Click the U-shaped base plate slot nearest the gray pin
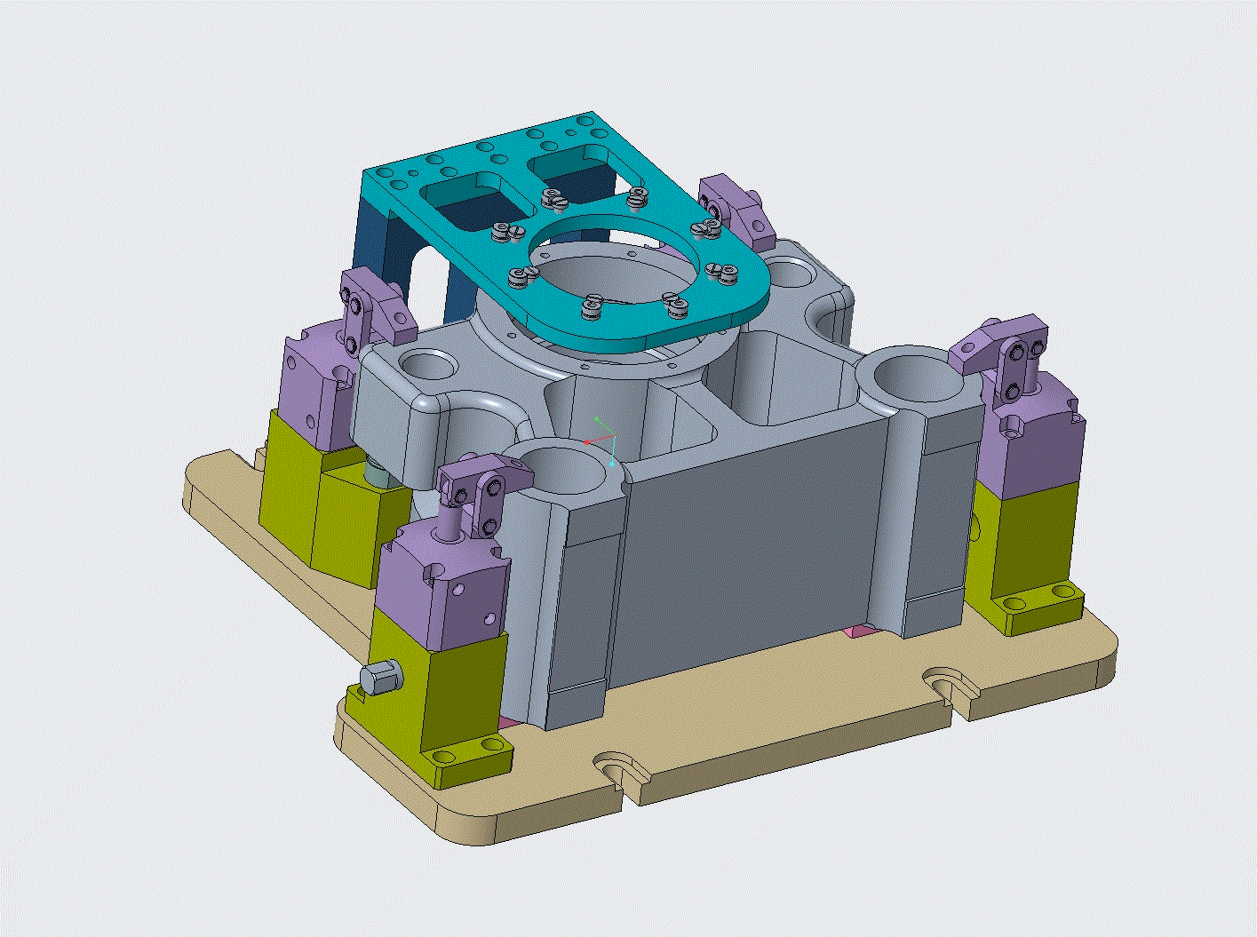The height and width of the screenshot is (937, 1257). [617, 770]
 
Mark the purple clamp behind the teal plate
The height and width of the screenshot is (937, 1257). [734, 210]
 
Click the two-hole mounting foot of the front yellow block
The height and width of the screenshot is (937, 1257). [466, 750]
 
